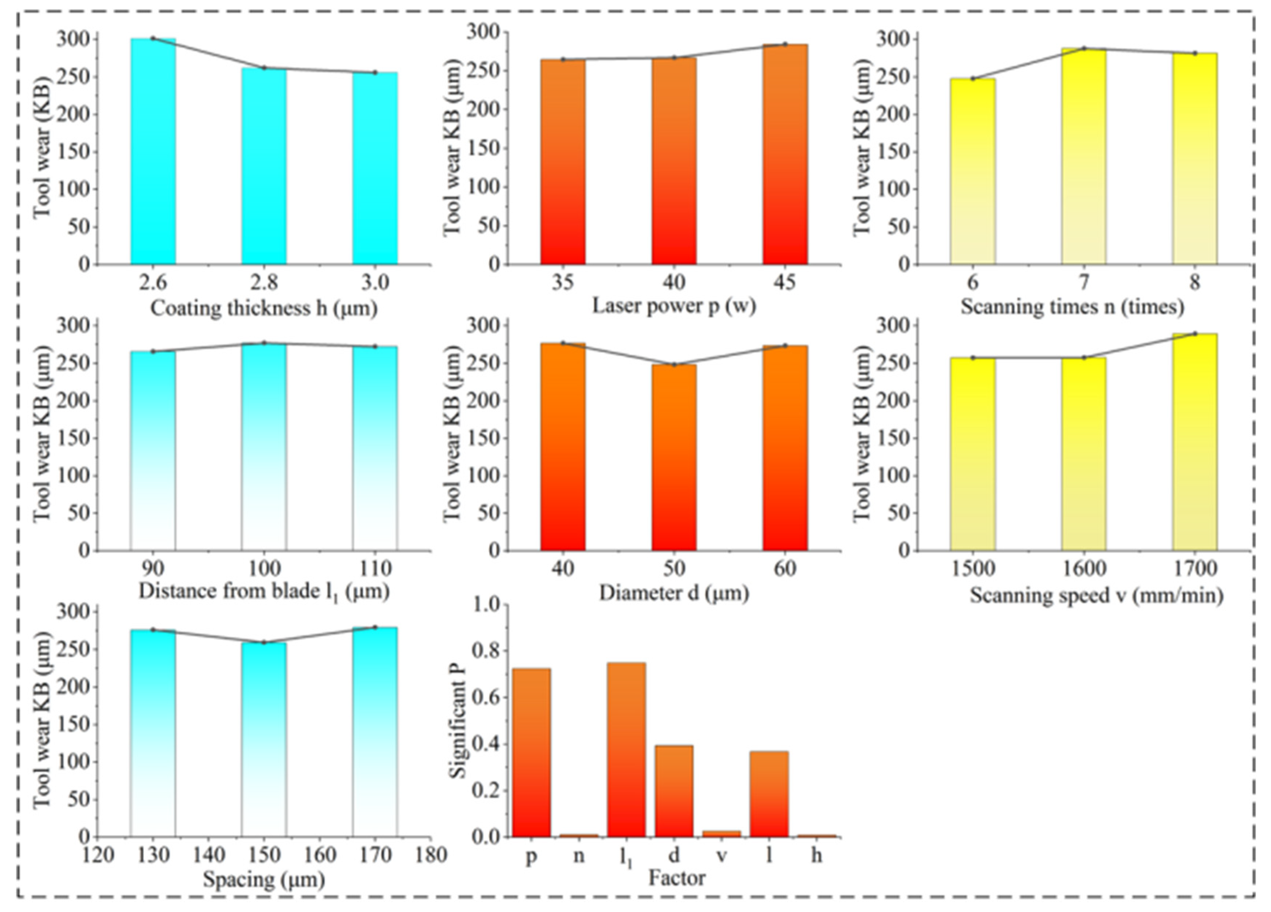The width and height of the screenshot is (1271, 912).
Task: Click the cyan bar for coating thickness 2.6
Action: point(153,151)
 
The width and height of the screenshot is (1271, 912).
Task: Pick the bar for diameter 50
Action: point(674,457)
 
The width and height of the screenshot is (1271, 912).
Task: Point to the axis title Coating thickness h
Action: point(263,308)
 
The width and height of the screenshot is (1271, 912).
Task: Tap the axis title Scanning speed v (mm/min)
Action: point(1097,595)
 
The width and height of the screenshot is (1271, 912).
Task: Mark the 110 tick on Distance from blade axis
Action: point(375,569)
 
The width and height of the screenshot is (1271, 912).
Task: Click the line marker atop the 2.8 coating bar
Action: point(264,68)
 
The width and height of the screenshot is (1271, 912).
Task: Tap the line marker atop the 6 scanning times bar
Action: point(973,79)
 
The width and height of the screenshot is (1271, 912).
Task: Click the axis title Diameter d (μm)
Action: point(674,593)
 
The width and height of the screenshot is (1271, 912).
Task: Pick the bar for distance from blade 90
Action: point(153,451)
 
